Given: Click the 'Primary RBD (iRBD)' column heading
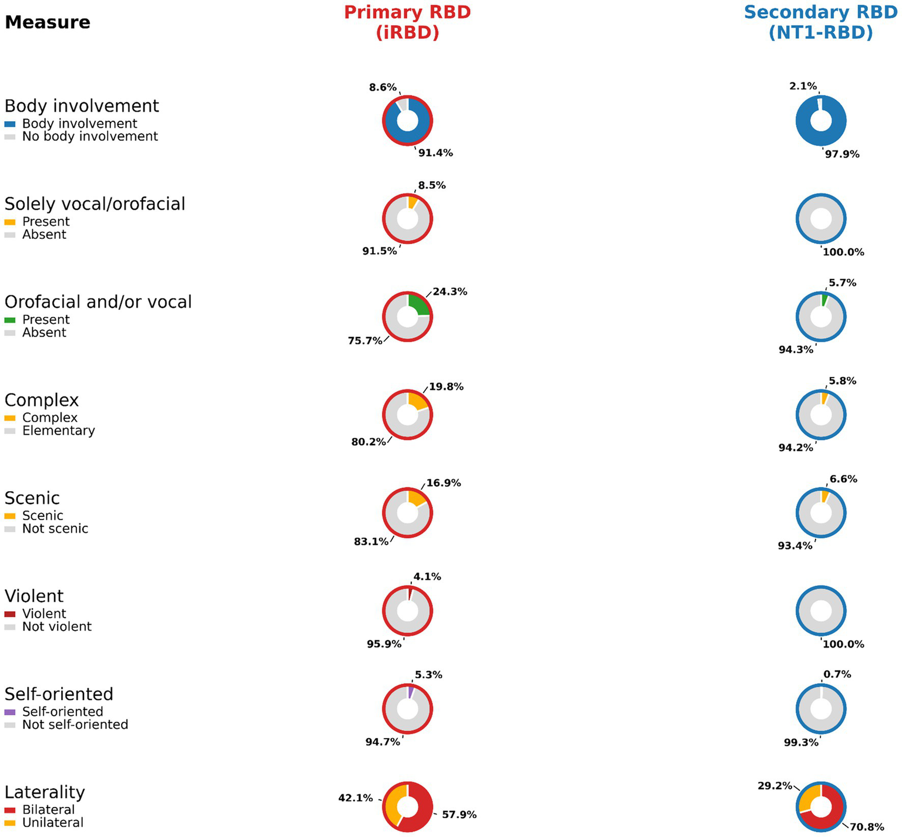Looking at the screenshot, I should pos(407,22).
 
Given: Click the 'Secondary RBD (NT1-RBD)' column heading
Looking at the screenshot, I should pos(820,22).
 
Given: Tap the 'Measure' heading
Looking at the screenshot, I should pos(48,22).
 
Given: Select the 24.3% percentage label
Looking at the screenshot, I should pos(450,292).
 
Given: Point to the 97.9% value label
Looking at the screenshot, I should pos(842,154).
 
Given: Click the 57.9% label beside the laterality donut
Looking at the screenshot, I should pos(459,815).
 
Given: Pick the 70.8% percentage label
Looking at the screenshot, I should pos(867,827).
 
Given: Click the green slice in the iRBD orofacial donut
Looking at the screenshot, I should pos(419,305).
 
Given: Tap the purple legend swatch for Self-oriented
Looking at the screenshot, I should pos(10,712).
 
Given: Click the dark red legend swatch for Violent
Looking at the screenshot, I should pos(10,614).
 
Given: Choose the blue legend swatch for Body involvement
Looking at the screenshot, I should pos(10,124).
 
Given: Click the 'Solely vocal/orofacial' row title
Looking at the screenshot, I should pos(95,204).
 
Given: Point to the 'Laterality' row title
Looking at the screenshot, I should pos(45,792).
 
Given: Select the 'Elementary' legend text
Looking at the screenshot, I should pos(58,431).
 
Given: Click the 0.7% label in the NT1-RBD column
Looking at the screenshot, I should pos(837,674).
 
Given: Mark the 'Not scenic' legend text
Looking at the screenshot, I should pos(55,529).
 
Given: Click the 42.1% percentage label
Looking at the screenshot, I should pos(356,798).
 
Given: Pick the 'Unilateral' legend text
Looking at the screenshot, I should pos(53,823).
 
